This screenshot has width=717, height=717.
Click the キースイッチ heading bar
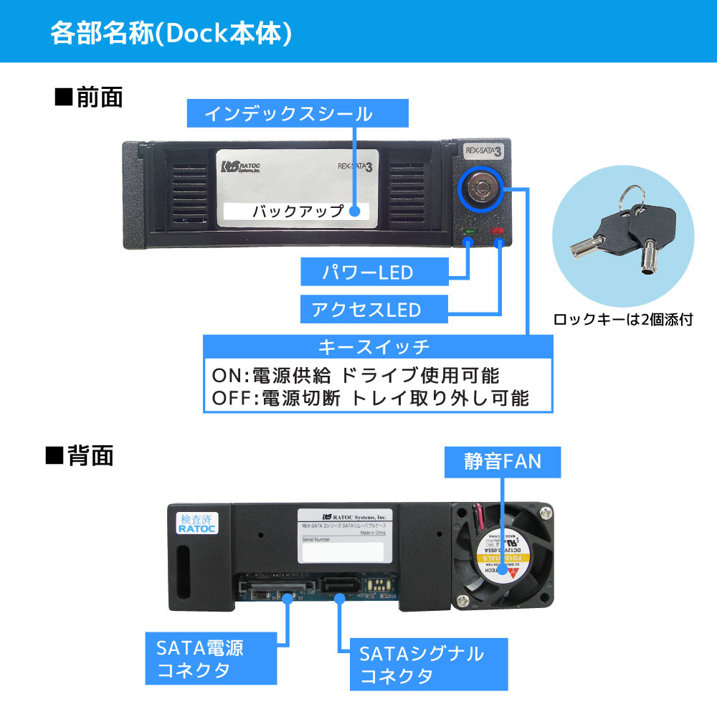tap(379, 348)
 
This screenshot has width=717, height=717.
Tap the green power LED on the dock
tap(470, 232)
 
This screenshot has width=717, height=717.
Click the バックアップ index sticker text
tap(295, 212)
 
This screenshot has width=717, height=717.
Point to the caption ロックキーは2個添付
tap(623, 320)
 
